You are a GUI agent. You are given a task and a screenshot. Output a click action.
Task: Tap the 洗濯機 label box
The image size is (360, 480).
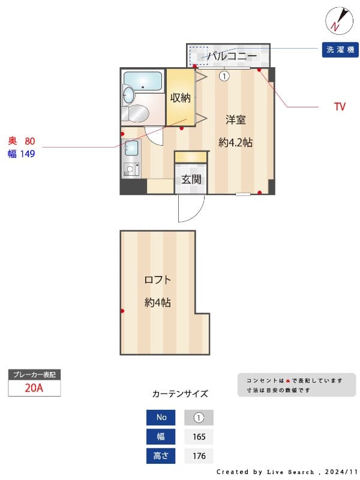point(340,50)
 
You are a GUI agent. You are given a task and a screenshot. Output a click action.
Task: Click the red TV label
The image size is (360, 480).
point(340,107)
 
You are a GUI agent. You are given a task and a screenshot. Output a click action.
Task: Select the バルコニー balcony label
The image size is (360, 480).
point(229,56)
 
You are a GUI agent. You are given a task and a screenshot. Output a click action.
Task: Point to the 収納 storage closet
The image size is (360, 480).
point(180,98)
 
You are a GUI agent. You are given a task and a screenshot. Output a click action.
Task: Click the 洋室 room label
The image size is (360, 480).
point(235,119)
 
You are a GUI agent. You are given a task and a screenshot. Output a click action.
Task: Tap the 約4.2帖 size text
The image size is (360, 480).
point(235,143)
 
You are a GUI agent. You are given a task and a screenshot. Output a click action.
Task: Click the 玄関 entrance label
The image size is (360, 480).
point(191,179)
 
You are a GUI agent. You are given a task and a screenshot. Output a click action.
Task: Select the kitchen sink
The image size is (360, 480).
point(131,148)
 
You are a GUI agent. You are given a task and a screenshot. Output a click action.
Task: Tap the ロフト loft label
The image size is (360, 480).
point(157,280)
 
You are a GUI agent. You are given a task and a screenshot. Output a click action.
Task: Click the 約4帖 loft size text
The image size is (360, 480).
point(157,302)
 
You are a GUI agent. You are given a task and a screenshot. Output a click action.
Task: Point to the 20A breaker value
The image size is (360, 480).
point(34,388)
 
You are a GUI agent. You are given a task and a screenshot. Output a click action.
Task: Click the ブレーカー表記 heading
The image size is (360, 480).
point(34,374)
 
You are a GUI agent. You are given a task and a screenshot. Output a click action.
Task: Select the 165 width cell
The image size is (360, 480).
point(199,437)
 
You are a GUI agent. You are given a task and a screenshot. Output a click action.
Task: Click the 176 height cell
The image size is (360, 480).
point(199,456)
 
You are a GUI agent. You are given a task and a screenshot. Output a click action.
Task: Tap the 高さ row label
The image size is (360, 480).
point(161,456)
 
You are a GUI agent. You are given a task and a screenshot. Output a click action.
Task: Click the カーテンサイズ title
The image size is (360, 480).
point(180,394)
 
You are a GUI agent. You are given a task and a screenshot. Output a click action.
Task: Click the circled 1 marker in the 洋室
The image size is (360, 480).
point(224,76)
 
